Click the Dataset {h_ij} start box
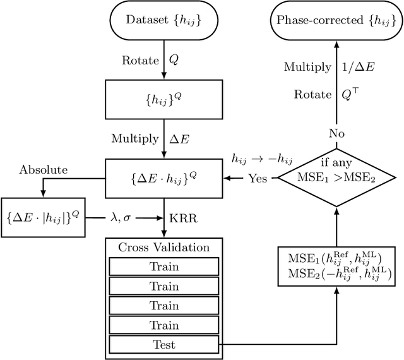click(x=164, y=21)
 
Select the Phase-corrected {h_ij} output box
click(x=336, y=21)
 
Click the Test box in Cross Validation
click(x=164, y=345)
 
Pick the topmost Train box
click(x=164, y=266)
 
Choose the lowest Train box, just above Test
click(x=164, y=325)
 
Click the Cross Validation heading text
click(x=164, y=247)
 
